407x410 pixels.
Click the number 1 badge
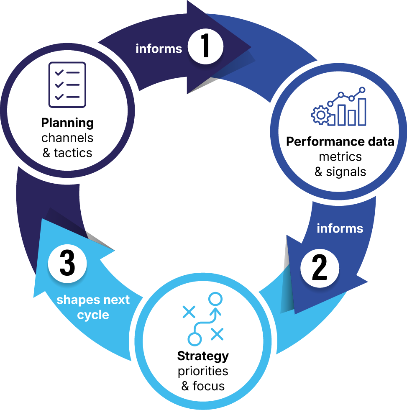205,46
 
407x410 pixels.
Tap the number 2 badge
320,268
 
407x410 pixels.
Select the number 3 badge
67,264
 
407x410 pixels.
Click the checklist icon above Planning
67,85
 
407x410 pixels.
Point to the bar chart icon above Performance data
338,106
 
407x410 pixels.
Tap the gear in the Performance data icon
321,115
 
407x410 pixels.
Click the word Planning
67,123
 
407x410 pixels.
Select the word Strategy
203,356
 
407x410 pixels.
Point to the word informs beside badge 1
159,49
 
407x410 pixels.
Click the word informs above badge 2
340,228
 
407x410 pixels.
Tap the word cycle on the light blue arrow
93,315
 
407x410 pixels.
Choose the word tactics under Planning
73,153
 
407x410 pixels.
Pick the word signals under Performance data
346,172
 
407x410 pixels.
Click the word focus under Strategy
209,386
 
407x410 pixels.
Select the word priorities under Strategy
203,372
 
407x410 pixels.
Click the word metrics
340,157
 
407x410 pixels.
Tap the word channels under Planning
67,138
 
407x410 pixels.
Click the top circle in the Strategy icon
215,299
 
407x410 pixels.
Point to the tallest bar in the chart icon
362,112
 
